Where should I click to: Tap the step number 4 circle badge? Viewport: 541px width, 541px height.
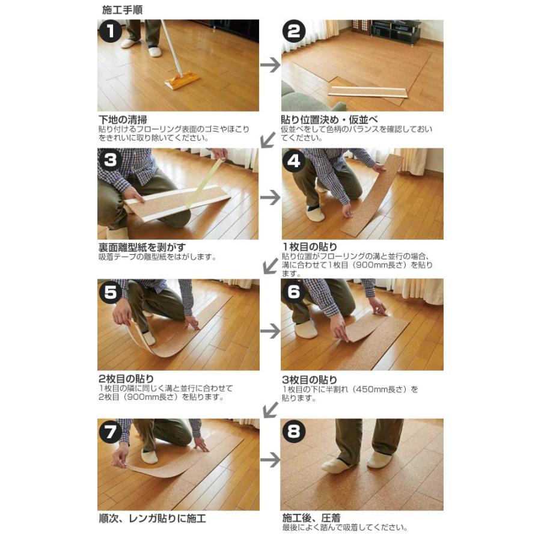(294, 160)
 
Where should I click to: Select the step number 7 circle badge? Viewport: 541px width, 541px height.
(111, 432)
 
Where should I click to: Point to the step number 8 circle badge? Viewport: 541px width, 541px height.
(294, 432)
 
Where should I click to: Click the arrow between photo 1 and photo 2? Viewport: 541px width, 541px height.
(270, 65)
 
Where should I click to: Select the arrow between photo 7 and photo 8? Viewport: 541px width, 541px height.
(270, 460)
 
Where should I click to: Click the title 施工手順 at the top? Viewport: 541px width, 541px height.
(123, 10)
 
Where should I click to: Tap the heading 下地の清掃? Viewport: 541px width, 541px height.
(123, 119)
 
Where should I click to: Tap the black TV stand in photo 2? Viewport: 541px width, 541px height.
(395, 32)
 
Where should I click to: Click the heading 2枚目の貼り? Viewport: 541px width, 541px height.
(126, 379)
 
